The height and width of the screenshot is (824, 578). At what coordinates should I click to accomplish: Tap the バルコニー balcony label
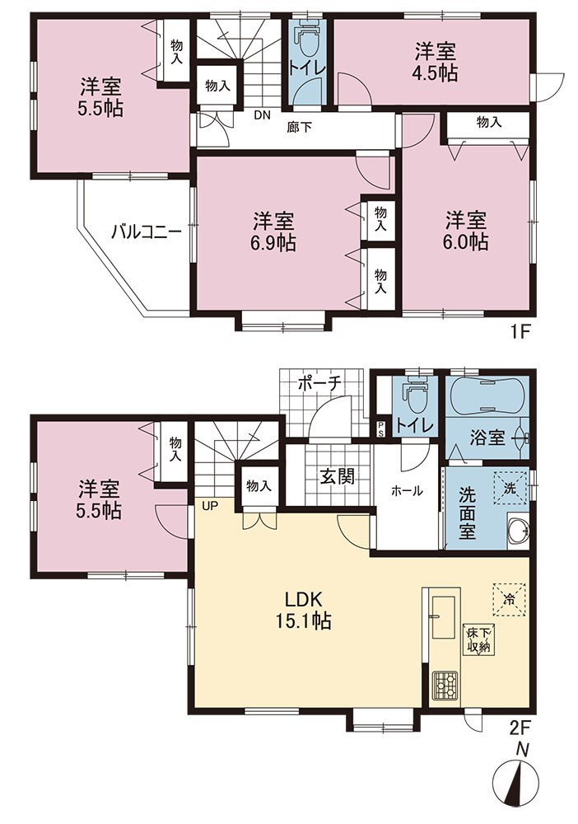pos(147,232)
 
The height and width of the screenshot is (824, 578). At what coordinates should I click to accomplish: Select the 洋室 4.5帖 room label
pos(436,63)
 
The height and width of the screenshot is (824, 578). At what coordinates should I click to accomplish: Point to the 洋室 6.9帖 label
pos(273,232)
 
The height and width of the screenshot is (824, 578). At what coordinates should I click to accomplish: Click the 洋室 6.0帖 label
pos(467,231)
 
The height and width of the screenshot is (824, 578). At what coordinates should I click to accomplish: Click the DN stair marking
pos(263,115)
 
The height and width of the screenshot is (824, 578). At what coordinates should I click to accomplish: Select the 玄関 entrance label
pos(337,475)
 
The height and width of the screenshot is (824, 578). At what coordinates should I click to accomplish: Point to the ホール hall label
pos(407,491)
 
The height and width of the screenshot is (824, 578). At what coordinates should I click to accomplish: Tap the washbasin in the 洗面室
pos(519,532)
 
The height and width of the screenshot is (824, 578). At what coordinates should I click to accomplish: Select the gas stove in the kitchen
pos(445,686)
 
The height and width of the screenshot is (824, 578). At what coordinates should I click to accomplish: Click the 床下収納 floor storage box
pos(477,639)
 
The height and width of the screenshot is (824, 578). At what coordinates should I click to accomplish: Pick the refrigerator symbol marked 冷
pos(508,599)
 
